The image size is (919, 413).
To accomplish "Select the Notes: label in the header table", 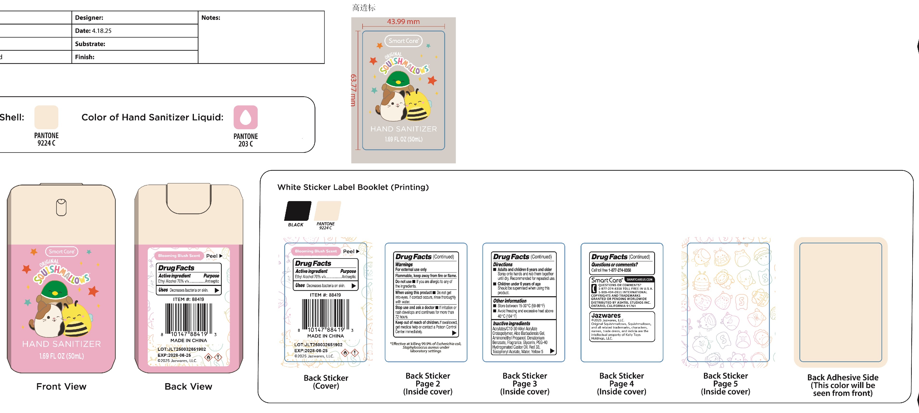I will coord(211,18).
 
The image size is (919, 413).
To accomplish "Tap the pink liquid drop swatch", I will coord(245,117).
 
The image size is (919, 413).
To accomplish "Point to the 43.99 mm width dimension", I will coord(403,22).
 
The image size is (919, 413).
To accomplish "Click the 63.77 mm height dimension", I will coord(353,90).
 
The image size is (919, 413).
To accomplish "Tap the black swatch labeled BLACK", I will coord(297,211).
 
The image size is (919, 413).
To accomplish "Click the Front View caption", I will coord(61,387).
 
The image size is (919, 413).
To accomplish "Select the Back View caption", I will coord(188,387).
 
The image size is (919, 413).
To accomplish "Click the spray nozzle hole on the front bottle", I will coord(61,207).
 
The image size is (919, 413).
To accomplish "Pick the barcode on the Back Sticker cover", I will coord(325,314).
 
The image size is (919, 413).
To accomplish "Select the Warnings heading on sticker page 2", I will coord(404,265).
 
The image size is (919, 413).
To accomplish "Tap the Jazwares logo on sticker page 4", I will coord(606,315).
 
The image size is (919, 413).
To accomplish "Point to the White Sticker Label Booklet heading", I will coord(353,187).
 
